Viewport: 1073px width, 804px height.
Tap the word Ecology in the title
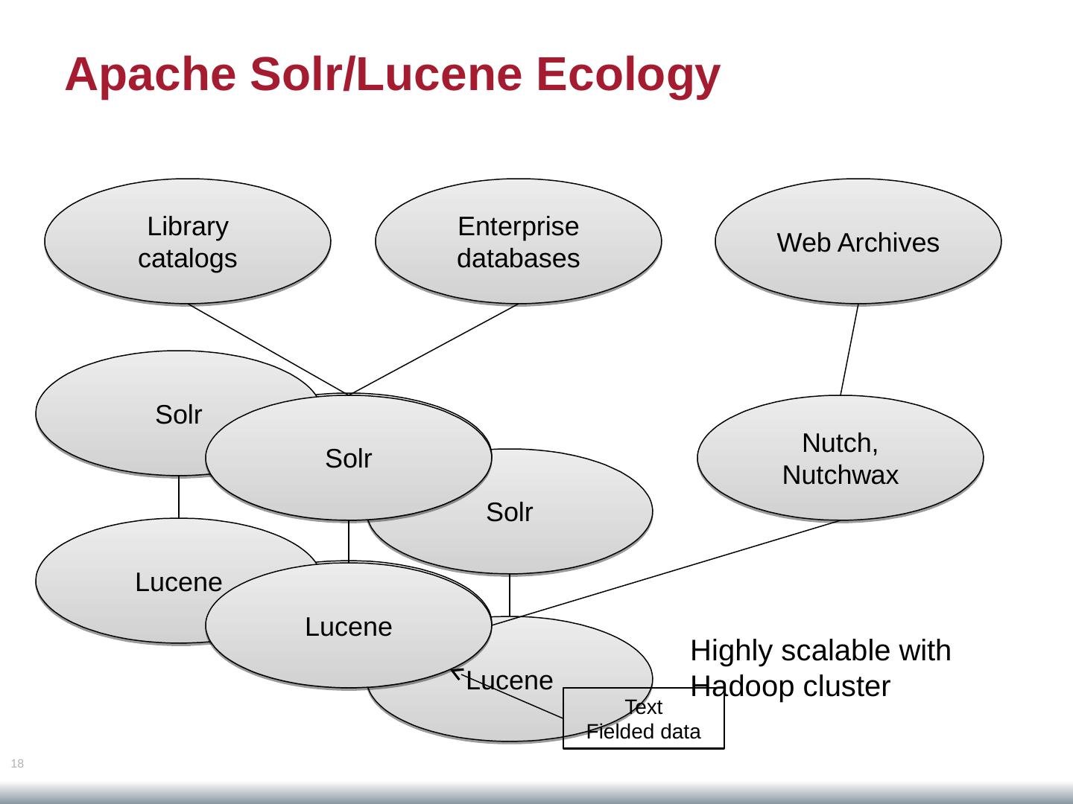pos(627,74)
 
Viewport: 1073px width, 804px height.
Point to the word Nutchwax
pos(840,475)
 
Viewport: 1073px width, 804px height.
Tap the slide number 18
pos(17,763)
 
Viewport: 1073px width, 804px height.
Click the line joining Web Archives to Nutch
pos(849,349)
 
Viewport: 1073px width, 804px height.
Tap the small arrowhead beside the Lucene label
pos(456,673)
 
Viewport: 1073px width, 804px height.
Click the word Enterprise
pos(518,226)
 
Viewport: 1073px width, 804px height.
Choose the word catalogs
pos(187,258)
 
